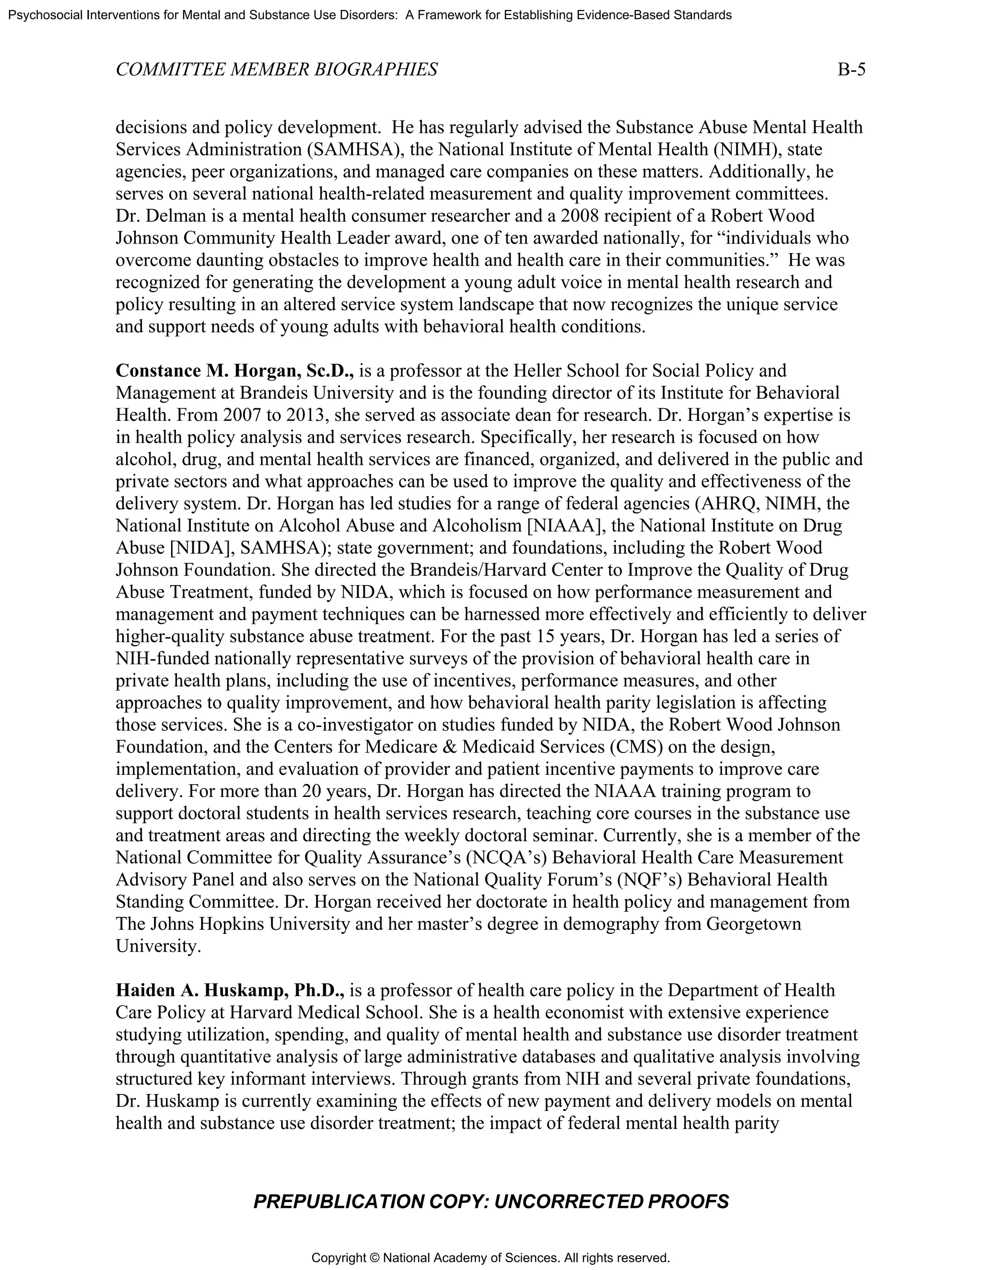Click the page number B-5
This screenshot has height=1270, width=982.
[x=851, y=70]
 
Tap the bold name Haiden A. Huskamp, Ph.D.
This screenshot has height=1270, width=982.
[x=230, y=990]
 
